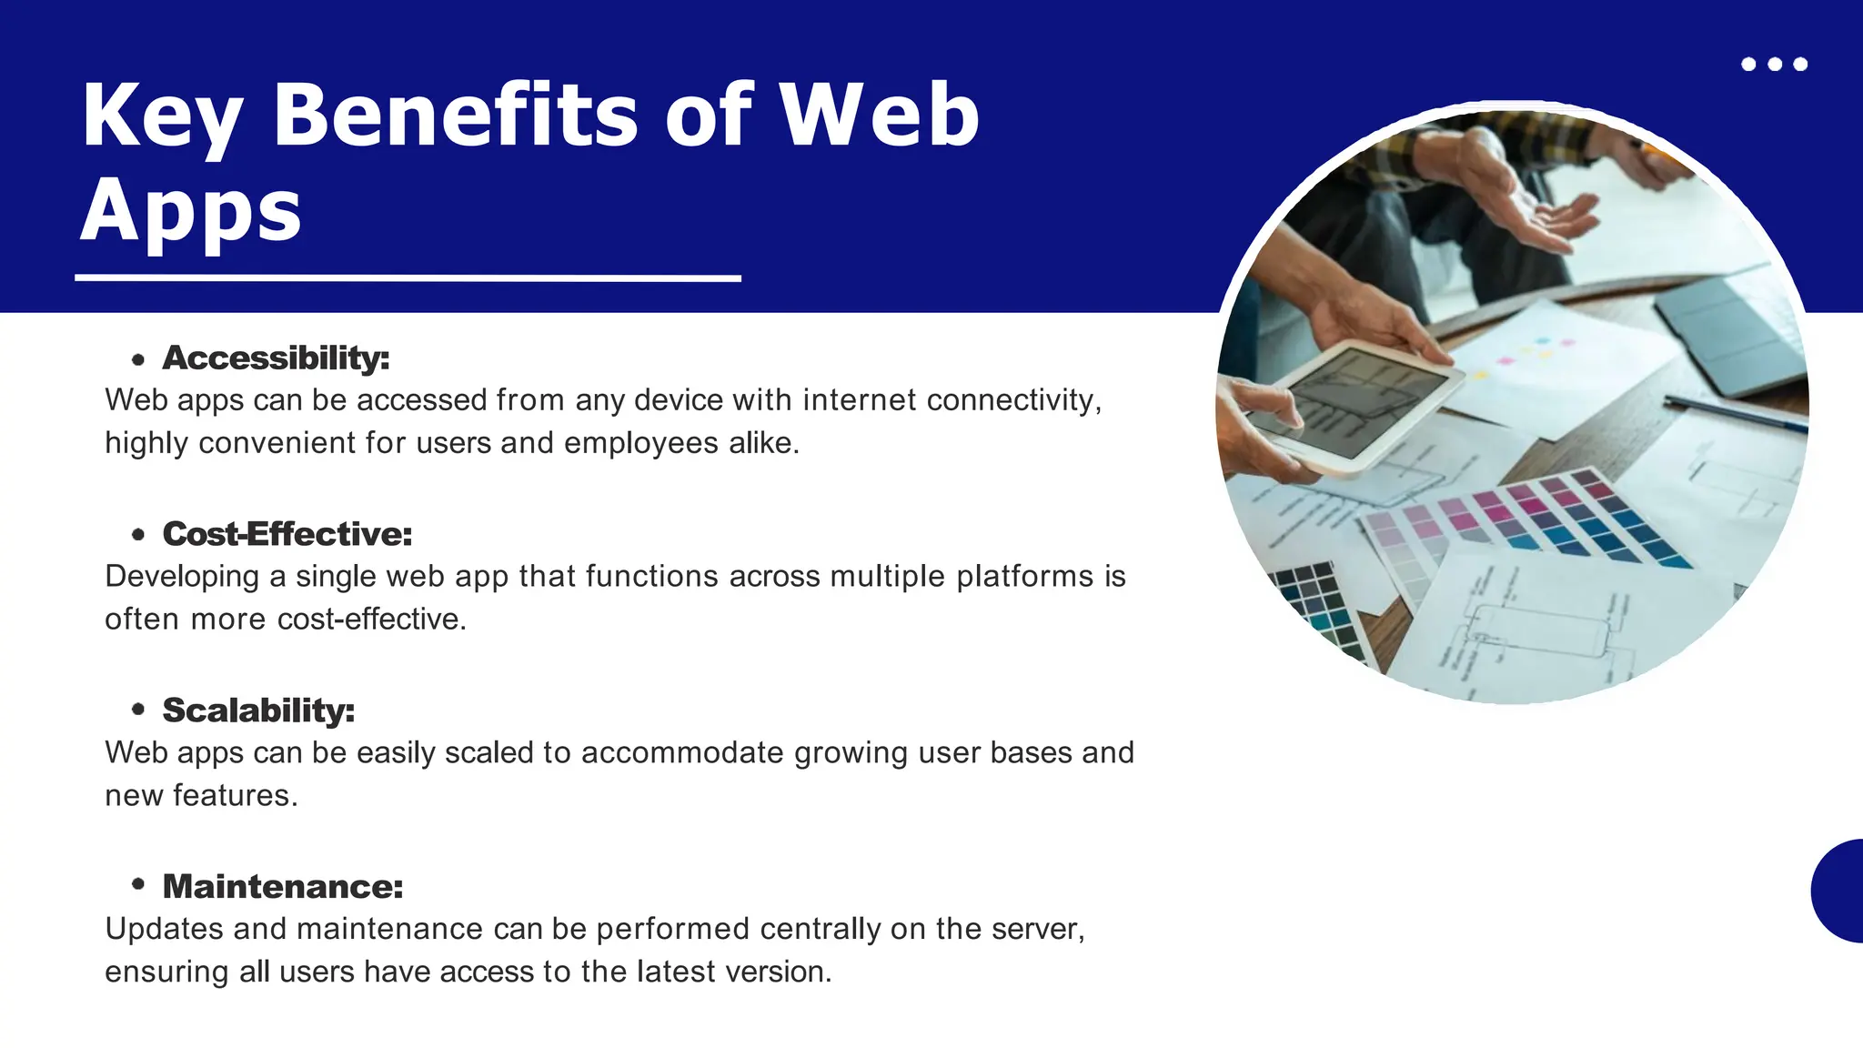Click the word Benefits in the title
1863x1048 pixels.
click(455, 116)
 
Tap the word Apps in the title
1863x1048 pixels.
click(191, 211)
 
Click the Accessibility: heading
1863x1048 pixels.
click(276, 358)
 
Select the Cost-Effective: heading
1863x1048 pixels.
click(287, 534)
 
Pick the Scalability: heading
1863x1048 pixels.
click(258, 710)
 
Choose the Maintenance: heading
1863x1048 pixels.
click(283, 887)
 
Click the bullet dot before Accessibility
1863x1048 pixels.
click(138, 360)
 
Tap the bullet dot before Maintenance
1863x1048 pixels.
click(138, 884)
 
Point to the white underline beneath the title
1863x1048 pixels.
click(408, 277)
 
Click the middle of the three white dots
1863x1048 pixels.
click(1774, 64)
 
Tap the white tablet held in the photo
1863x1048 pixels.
click(1355, 405)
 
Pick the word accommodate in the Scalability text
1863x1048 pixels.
click(682, 753)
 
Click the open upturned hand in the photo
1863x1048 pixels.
click(1546, 214)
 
